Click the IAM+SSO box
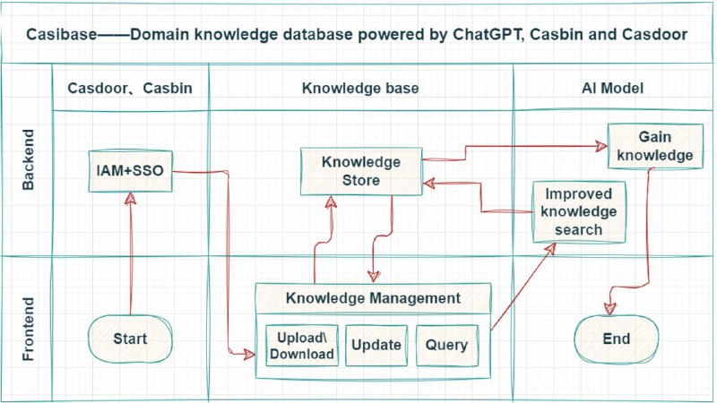130,171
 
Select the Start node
130,339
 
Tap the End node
617,339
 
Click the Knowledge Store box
361,171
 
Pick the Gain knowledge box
655,146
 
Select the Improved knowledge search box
579,211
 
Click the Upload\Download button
302,346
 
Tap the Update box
376,346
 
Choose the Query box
446,346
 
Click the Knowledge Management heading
373,298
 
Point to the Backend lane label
29,159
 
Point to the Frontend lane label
29,329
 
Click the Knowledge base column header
360,88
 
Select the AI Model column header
613,88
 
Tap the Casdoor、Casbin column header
130,88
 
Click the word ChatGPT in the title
488,35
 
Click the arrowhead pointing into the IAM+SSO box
131,198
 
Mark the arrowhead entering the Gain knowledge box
601,146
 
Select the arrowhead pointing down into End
610,309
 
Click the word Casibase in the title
61,35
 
